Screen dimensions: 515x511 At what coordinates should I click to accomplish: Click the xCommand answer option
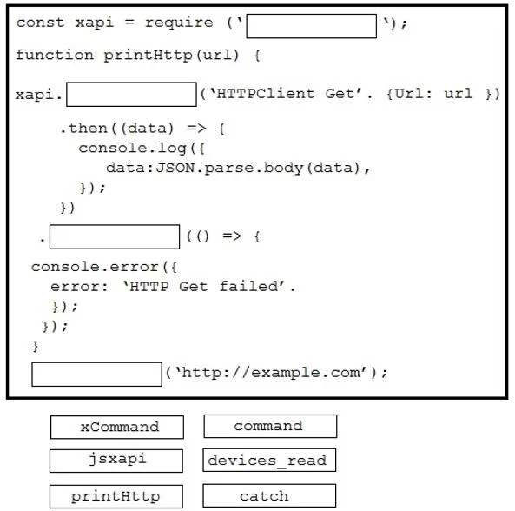[x=117, y=428]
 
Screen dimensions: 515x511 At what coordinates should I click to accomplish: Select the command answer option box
[x=270, y=426]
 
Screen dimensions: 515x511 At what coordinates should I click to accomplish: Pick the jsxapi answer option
[x=116, y=461]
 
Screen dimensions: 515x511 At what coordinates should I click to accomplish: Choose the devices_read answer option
[x=269, y=460]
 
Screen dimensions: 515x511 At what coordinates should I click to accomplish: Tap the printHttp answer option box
[x=116, y=496]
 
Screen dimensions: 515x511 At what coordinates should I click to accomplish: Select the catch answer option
[x=269, y=495]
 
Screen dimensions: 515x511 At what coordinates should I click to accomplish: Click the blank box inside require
[x=312, y=26]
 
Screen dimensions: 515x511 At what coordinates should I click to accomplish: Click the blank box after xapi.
[x=131, y=95]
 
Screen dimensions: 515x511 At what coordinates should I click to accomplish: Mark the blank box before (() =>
[x=115, y=236]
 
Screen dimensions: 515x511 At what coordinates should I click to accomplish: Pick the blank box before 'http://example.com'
[x=97, y=375]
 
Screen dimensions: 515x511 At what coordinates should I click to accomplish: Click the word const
[x=40, y=23]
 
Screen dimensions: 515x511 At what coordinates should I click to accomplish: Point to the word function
[x=55, y=55]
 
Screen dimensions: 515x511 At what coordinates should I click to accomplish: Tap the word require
[x=179, y=23]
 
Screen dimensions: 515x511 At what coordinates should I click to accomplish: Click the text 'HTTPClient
[x=262, y=94]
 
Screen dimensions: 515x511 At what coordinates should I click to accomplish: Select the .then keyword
[x=83, y=128]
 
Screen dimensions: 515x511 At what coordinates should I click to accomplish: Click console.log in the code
[x=132, y=149]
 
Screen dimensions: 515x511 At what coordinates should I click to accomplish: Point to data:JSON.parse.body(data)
[x=233, y=168]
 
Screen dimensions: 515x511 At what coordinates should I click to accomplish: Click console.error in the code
[x=95, y=267]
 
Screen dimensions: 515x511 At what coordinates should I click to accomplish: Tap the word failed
[x=248, y=286]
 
